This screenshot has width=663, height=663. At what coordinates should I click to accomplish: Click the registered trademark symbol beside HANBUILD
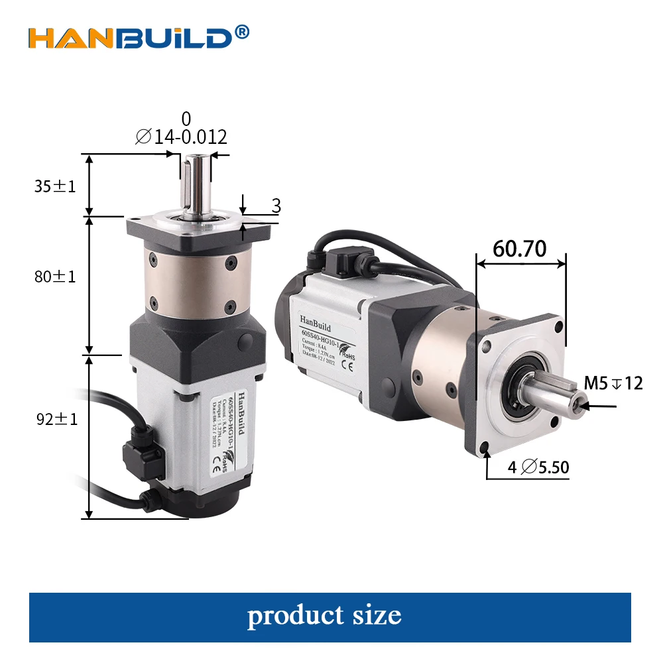[243, 31]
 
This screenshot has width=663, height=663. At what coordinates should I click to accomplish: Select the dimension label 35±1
[56, 186]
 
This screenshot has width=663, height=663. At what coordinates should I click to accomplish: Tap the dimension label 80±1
[56, 276]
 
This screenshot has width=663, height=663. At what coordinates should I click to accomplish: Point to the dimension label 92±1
[56, 419]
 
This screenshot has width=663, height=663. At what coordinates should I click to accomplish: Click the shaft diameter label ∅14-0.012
[182, 137]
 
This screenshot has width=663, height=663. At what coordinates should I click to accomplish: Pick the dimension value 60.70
[520, 249]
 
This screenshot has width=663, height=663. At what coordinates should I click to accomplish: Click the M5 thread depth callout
[613, 383]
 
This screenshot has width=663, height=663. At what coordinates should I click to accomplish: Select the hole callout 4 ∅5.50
[538, 467]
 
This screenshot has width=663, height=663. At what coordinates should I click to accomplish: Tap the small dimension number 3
[276, 206]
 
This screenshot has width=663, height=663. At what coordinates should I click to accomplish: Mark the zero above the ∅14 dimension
[186, 119]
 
